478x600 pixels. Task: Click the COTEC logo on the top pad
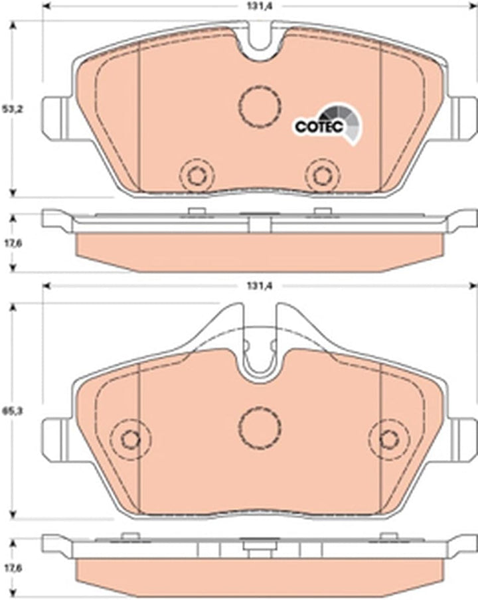click(327, 123)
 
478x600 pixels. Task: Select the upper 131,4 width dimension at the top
click(260, 6)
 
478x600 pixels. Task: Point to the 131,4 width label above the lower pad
click(260, 286)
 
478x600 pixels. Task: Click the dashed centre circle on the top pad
click(260, 106)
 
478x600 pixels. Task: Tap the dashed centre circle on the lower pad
click(260, 427)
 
